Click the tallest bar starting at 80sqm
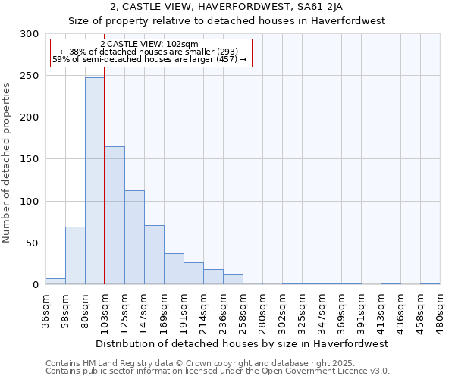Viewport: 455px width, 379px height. click(95, 181)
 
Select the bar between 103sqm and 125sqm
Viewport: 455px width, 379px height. click(115, 215)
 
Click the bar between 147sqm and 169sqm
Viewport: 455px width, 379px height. click(154, 255)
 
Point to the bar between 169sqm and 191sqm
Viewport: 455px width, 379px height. click(174, 269)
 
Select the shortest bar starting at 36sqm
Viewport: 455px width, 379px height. click(55, 281)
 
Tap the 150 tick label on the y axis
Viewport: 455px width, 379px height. click(30, 159)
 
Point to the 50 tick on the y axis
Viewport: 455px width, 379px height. click(33, 243)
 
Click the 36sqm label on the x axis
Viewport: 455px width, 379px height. click(46, 310)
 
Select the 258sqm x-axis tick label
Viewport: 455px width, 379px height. click(243, 310)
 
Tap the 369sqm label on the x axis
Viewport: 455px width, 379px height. click(342, 310)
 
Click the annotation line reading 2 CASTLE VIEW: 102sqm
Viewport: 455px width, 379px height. click(149, 45)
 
